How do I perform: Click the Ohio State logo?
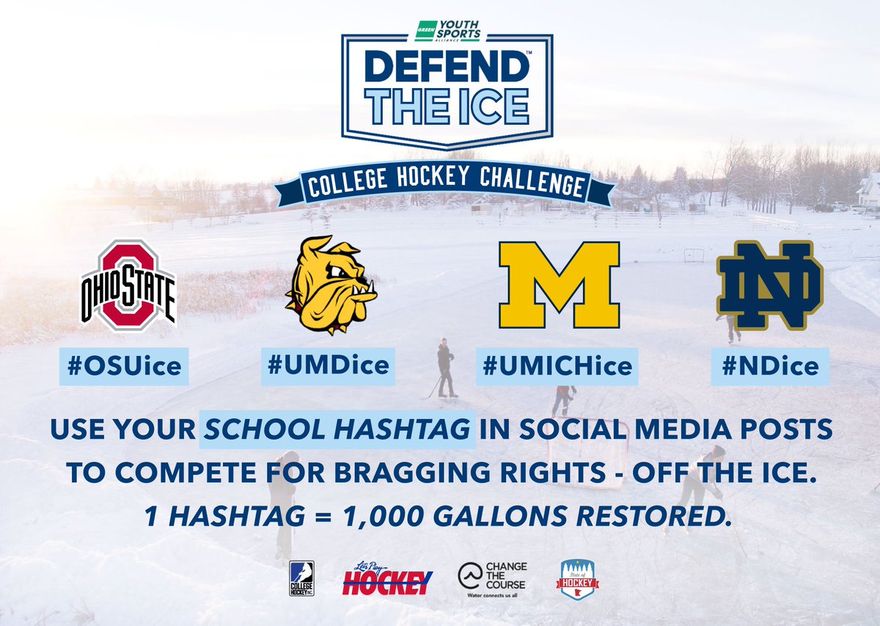point(128,283)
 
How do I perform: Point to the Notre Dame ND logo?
point(770,285)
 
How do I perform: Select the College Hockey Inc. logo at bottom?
point(302,578)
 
